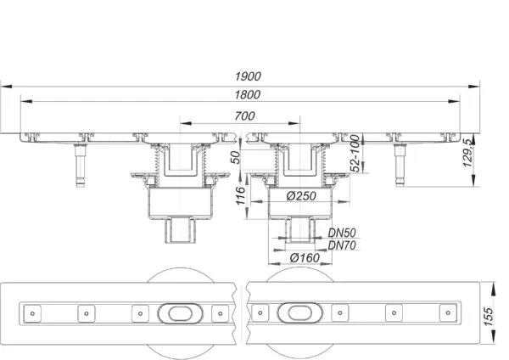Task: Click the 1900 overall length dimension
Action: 248,76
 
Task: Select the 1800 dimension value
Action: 248,94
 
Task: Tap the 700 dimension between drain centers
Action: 245,115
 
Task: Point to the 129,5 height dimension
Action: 467,153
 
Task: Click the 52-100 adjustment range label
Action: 355,154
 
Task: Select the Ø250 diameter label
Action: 301,196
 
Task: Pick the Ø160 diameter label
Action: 305,258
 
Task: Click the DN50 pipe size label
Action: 342,233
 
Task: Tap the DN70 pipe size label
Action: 342,245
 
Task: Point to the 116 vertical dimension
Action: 240,195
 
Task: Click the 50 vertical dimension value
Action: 237,157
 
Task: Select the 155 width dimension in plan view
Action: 488,317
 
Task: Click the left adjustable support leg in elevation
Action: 80,165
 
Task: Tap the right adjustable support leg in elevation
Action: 400,165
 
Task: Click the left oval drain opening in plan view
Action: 180,313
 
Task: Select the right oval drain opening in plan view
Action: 300,312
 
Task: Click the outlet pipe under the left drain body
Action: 181,231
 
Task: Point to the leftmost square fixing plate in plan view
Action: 32,313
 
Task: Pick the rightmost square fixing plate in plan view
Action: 448,312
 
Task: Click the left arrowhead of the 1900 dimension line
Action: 6,87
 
